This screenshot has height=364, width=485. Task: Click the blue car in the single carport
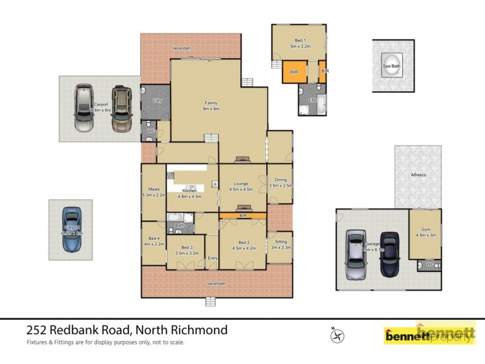[72, 229]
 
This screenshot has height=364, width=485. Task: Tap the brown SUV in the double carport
[121, 109]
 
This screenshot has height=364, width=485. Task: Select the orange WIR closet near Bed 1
[293, 72]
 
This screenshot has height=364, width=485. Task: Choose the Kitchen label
[187, 190]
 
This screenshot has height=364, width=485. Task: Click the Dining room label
[280, 180]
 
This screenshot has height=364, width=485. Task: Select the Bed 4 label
[152, 238]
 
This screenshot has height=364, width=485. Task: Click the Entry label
[213, 258]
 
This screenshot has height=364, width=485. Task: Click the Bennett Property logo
[429, 334]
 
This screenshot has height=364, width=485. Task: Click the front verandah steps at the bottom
[211, 302]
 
